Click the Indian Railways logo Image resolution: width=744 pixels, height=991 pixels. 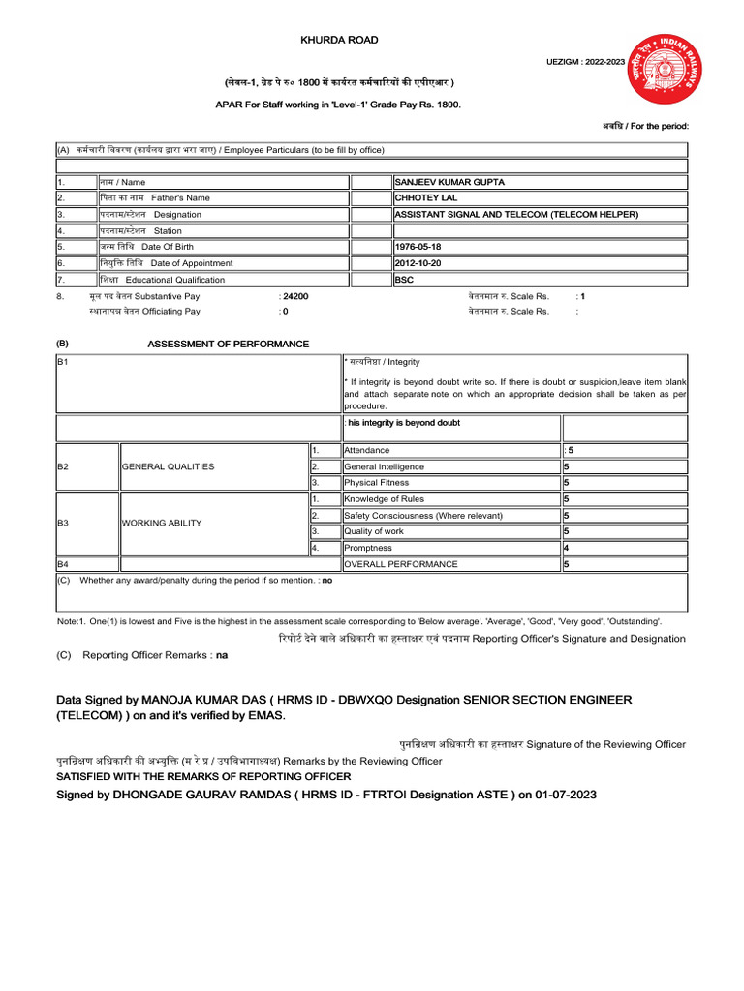(667, 70)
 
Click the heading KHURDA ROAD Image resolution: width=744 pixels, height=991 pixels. (339, 40)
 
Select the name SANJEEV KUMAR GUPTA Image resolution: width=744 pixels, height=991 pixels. (449, 182)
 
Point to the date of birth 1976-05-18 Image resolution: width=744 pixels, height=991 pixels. (418, 247)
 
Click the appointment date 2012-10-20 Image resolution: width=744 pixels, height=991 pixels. (418, 263)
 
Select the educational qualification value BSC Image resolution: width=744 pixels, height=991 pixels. (404, 280)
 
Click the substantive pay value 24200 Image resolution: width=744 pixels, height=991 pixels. (295, 296)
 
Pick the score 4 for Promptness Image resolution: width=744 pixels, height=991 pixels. (566, 548)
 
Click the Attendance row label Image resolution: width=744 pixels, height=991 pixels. (367, 451)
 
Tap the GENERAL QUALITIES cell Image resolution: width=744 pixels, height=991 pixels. (168, 466)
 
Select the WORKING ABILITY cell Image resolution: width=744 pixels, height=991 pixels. (162, 524)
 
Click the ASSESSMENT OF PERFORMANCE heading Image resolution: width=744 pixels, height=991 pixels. (228, 345)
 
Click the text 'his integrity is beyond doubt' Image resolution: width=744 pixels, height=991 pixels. (404, 423)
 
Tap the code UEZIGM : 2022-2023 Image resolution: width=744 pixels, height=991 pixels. (586, 62)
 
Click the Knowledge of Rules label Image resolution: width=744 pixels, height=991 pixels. (384, 500)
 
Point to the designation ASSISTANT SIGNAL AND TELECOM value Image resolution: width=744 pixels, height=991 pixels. (515, 215)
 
